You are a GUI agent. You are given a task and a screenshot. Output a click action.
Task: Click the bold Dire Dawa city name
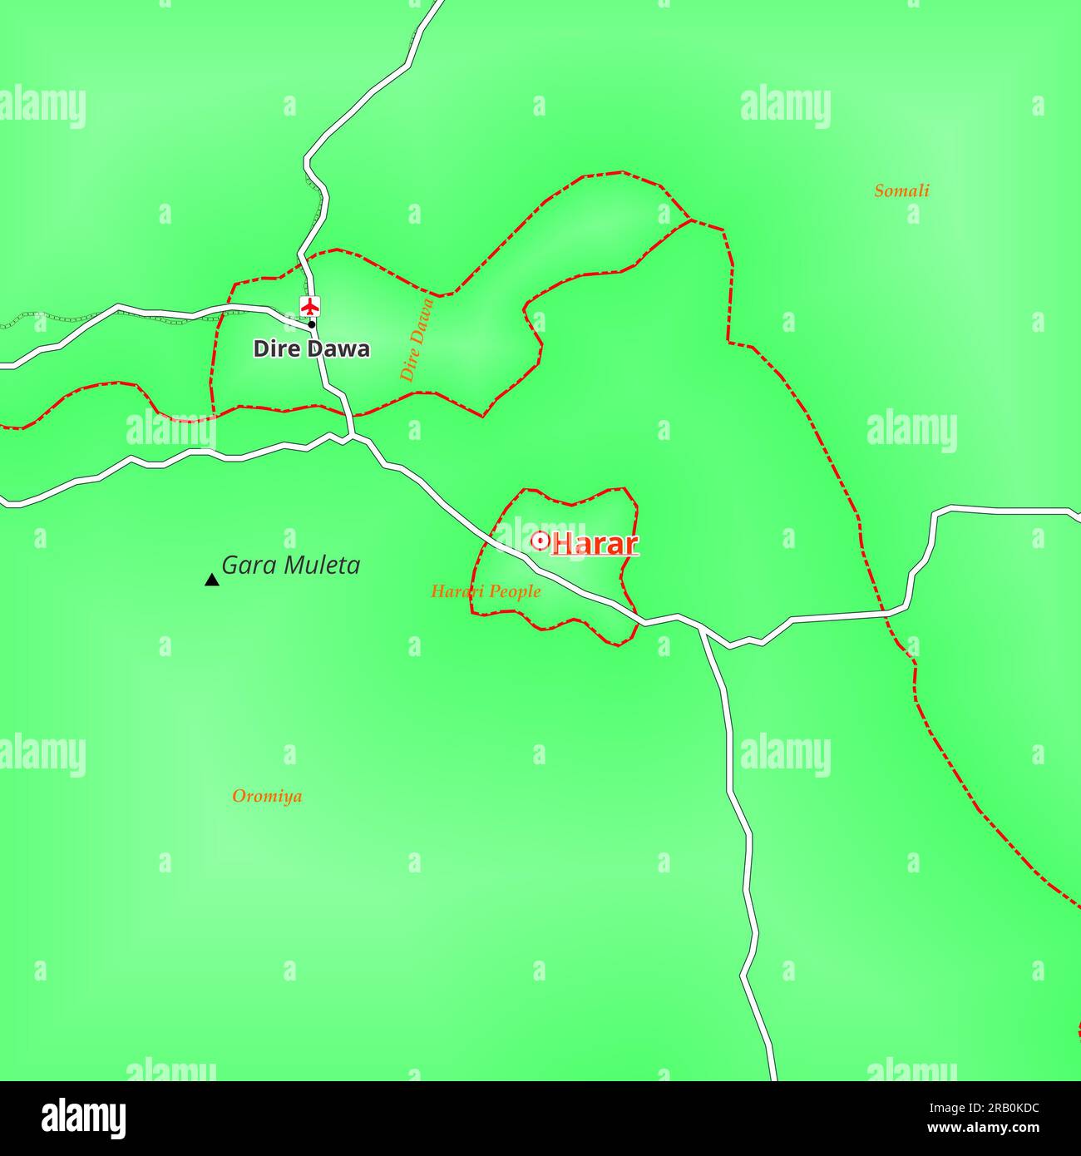pos(311,349)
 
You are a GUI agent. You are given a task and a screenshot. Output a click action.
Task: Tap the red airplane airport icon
pos(310,306)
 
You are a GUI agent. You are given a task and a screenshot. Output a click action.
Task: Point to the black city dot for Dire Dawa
pos(312,325)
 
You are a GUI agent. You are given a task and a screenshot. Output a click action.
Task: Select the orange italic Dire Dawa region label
pos(417,339)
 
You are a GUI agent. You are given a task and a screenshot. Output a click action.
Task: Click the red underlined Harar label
pos(595,545)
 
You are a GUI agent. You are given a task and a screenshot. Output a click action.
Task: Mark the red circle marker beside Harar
pos(540,541)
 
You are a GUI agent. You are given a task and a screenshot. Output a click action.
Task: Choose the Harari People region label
pos(485,591)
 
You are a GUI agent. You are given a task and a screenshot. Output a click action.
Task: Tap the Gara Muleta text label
pos(290,566)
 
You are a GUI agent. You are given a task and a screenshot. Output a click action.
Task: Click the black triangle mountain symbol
pos(211,580)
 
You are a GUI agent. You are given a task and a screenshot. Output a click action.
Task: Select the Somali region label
pos(901,191)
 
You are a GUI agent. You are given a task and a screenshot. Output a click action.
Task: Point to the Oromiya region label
pos(267,796)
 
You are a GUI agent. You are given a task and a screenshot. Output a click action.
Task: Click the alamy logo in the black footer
pos(84,1118)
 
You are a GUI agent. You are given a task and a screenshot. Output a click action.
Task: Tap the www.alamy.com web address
pos(985,1129)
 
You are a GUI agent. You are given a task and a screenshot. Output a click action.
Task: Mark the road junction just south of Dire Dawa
pos(354,434)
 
